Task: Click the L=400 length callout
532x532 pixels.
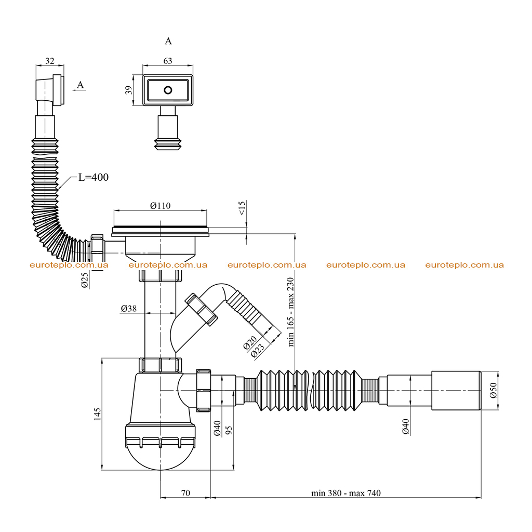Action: [x=94, y=177]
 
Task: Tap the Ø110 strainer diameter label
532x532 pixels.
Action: [x=160, y=206]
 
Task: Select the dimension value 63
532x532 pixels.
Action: [x=168, y=61]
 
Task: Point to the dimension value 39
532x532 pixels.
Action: [x=129, y=90]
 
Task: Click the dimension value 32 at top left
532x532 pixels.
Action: [x=49, y=61]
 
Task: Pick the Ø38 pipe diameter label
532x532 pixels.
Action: [x=129, y=309]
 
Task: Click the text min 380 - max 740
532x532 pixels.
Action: [x=345, y=493]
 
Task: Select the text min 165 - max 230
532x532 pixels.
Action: [x=291, y=312]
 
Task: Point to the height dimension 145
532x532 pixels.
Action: [x=97, y=414]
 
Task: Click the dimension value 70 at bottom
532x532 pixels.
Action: [x=185, y=493]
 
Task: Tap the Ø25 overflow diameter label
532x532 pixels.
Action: [x=85, y=280]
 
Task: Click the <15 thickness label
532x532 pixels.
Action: [x=242, y=208]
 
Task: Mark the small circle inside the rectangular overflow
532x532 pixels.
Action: [x=168, y=90]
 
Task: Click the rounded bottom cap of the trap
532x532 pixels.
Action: [x=160, y=457]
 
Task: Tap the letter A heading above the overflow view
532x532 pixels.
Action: [x=168, y=41]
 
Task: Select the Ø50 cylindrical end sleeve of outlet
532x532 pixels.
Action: [x=456, y=391]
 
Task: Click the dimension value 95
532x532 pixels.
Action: [x=229, y=430]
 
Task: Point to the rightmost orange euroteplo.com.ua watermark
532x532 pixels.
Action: [x=464, y=265]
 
